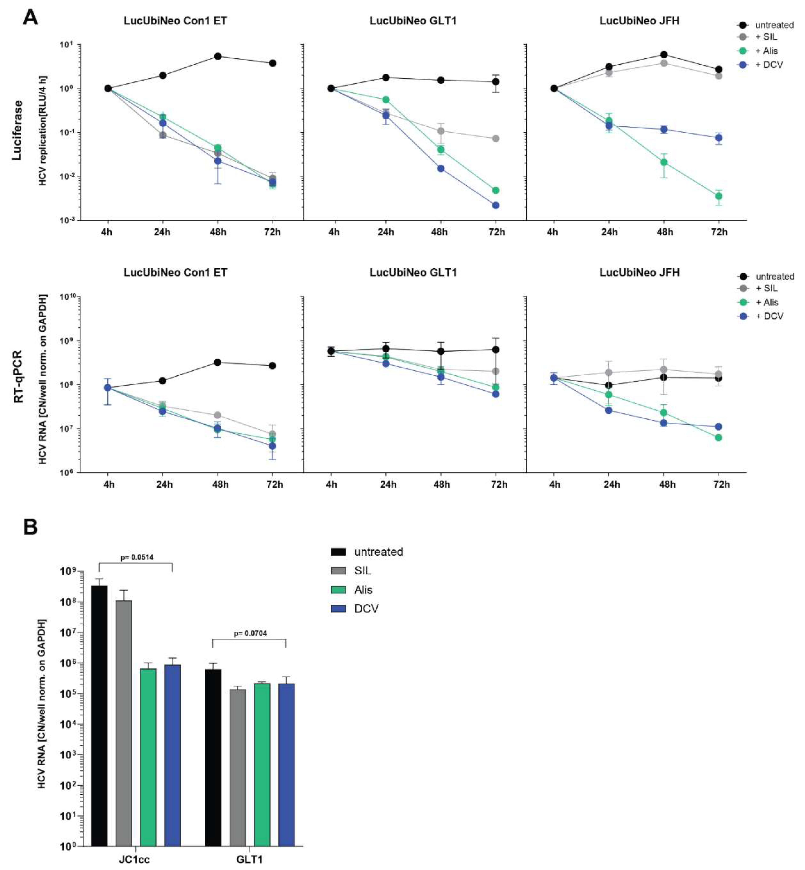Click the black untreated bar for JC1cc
[99, 715]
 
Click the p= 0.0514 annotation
[136, 557]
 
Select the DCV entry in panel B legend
[366, 609]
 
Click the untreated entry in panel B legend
[378, 552]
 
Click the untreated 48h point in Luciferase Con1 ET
[218, 56]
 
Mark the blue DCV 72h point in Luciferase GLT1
[495, 205]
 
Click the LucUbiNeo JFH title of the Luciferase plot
[639, 21]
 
